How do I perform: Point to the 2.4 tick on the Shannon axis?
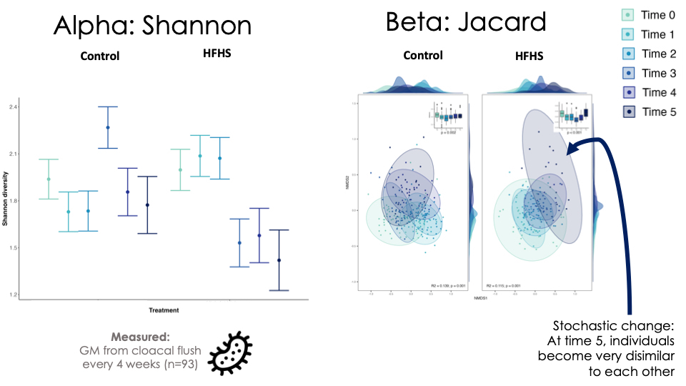pos(14,107)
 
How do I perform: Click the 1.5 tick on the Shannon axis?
pos(14,248)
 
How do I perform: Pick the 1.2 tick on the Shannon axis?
pos(14,295)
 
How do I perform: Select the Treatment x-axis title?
pos(164,310)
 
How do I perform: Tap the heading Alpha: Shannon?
pos(152,26)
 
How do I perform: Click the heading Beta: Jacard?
pos(466,22)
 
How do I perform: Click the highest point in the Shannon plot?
pos(108,127)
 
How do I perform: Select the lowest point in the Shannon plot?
pos(279,260)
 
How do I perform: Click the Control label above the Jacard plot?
pos(423,55)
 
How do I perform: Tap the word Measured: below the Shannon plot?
pos(140,337)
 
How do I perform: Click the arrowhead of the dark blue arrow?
pos(570,150)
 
